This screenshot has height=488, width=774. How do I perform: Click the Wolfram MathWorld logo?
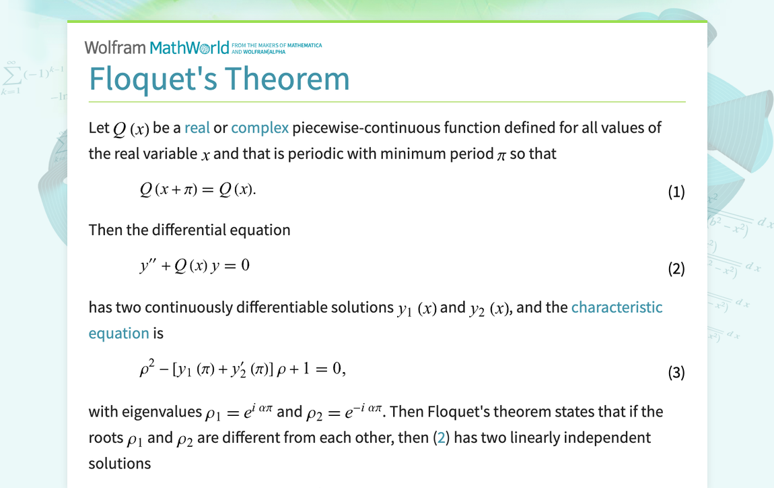(156, 47)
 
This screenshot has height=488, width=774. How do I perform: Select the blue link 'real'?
(197, 127)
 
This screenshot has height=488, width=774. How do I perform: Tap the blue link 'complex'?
(260, 127)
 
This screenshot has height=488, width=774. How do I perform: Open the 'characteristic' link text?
(617, 307)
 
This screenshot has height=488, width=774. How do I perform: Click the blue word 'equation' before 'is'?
(118, 333)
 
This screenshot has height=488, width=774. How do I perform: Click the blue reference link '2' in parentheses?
(442, 437)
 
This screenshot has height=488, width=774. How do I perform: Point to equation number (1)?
(676, 192)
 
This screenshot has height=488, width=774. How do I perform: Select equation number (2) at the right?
(676, 269)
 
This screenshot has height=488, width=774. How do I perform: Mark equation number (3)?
(676, 372)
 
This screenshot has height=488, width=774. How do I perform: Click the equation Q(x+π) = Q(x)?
(198, 190)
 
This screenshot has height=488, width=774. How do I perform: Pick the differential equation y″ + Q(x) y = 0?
(195, 266)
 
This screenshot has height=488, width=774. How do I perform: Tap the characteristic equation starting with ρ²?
(242, 369)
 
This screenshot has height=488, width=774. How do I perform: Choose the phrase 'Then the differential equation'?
(189, 230)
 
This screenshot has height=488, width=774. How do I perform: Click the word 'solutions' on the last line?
(119, 463)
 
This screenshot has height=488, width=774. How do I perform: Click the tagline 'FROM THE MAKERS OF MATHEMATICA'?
(277, 45)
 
